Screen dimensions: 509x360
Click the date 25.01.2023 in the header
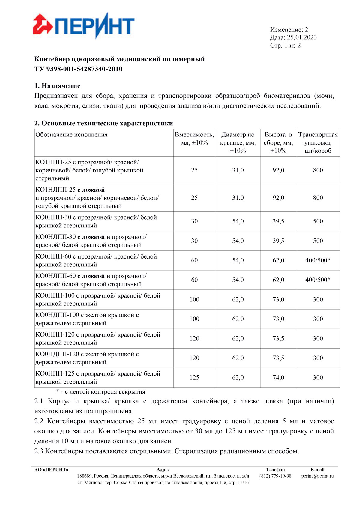coord(301,37)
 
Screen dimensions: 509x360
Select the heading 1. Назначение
coord(57,86)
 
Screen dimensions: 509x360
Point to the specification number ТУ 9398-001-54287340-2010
coord(78,69)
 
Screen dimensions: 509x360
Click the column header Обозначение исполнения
coord(71,135)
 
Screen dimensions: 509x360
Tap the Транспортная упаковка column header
coord(318,143)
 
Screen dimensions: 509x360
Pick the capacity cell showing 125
coord(194,378)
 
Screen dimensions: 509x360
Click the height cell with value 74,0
coord(278,378)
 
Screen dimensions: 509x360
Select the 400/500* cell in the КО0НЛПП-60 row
coord(318,280)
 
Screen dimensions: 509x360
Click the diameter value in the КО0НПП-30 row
coord(238,221)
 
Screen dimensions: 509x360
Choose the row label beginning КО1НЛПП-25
coord(97,198)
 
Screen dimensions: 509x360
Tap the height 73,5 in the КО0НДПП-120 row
coord(278,358)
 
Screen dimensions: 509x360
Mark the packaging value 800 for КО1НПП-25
coord(318,170)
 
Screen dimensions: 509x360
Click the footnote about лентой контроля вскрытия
coord(101,392)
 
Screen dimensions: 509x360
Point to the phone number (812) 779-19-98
coord(275,476)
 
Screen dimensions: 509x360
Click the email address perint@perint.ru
coord(317,476)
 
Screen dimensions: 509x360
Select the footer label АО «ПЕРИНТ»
coord(51,470)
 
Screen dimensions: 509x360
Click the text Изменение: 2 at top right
coord(289,30)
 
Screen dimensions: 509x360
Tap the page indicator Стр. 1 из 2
coord(285,46)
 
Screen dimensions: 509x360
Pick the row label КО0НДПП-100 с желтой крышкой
coord(87,319)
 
